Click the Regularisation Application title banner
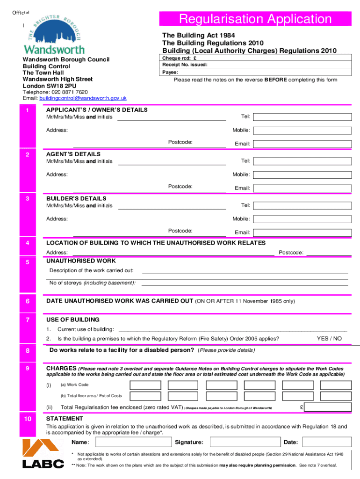pyautogui.click(x=255, y=19)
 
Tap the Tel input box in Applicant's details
pyautogui.click(x=304, y=116)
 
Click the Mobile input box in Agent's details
pyautogui.click(x=304, y=174)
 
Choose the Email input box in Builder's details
pyautogui.click(x=304, y=232)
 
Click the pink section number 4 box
pyautogui.click(x=29, y=243)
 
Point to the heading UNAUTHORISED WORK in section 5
pyautogui.click(x=81, y=261)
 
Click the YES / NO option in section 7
pyautogui.click(x=329, y=339)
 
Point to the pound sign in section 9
pyautogui.click(x=302, y=407)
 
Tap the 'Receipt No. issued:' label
pyautogui.click(x=185, y=65)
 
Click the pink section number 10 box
pyautogui.click(x=29, y=419)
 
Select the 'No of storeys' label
pyautogui.click(x=93, y=283)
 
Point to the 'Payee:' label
pyautogui.click(x=170, y=73)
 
